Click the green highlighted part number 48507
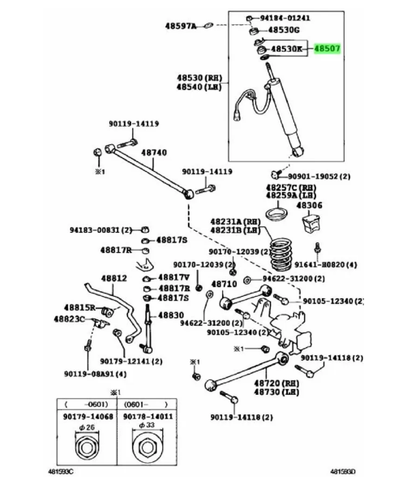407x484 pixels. (327, 49)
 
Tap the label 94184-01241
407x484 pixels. (285, 18)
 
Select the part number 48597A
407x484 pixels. (181, 26)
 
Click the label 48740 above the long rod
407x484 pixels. (154, 152)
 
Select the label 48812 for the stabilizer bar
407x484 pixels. (114, 278)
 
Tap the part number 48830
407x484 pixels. (171, 315)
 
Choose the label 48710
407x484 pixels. (224, 284)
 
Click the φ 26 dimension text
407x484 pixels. (87, 427)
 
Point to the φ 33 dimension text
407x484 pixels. (147, 425)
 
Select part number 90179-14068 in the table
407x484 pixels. (88, 417)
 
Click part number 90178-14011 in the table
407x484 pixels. (148, 417)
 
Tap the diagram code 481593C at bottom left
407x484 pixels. (61, 472)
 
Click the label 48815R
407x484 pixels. (79, 307)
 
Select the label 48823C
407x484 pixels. (69, 319)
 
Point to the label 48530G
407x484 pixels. (284, 30)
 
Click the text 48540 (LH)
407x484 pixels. (199, 87)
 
